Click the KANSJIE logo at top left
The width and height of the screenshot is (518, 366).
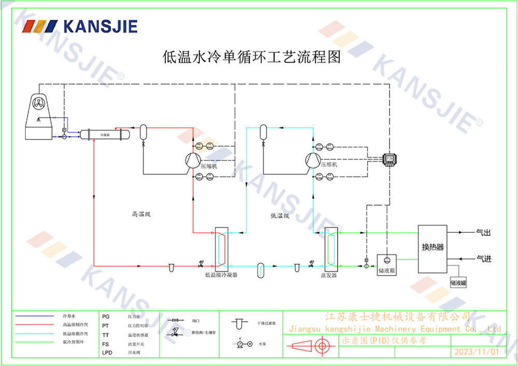pos(82,26)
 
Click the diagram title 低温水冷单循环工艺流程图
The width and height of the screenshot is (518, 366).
pos(252,57)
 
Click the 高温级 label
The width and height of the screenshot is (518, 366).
pos(141,214)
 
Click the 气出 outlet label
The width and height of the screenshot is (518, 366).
pos(483,233)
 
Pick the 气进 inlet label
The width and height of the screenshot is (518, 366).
pos(483,258)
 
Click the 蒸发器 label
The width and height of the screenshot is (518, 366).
pos(328,275)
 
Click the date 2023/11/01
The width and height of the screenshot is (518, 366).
pos(477,351)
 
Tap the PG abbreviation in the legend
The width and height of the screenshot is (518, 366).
pos(106,316)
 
